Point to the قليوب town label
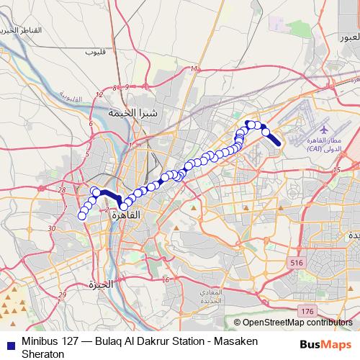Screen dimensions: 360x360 94,53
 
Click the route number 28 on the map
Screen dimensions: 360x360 62,190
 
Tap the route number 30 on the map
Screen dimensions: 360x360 51,228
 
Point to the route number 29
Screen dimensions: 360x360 62,295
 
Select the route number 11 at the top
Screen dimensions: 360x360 194,69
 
